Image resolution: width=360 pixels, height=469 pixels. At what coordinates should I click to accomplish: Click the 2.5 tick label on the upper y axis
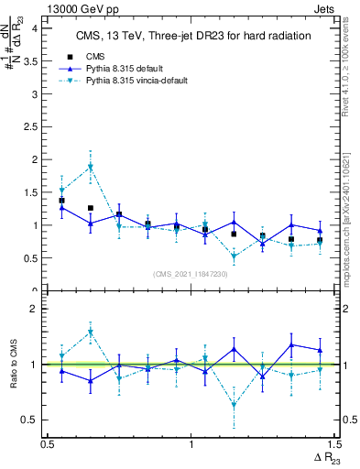click(x=33, y=126)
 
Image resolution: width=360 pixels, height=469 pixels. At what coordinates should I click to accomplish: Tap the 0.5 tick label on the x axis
click(x=48, y=442)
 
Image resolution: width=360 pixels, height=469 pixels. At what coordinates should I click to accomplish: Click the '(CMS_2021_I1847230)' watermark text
click(x=191, y=274)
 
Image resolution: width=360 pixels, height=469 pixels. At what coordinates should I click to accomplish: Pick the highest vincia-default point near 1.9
click(x=91, y=167)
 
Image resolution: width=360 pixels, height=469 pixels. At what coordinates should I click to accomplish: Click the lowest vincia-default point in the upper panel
click(x=235, y=256)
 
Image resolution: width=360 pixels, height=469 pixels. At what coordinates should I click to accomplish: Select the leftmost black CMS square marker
click(x=61, y=200)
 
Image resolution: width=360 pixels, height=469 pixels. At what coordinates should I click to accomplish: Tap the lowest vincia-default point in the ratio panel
click(x=235, y=404)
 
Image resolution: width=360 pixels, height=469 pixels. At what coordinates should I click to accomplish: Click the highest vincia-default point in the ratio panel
click(x=91, y=332)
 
